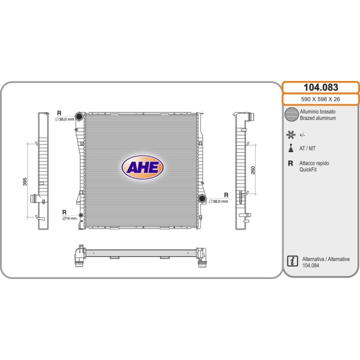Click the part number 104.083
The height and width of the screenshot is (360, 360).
pyautogui.click(x=320, y=87)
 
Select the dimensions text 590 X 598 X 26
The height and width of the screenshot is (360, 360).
pyautogui.click(x=320, y=99)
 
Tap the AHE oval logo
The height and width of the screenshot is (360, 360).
pyautogui.click(x=142, y=167)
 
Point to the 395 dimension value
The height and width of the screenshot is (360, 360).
pyautogui.click(x=25, y=181)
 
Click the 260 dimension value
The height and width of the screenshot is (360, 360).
pyautogui.click(x=253, y=170)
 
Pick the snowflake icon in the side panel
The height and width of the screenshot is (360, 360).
pyautogui.click(x=290, y=135)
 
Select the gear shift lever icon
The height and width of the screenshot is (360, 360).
pyautogui.click(x=291, y=148)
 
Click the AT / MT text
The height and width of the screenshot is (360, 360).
pyautogui.click(x=307, y=148)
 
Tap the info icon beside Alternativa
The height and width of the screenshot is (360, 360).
pyautogui.click(x=292, y=261)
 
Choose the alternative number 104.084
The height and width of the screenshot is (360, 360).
pyautogui.click(x=310, y=265)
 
